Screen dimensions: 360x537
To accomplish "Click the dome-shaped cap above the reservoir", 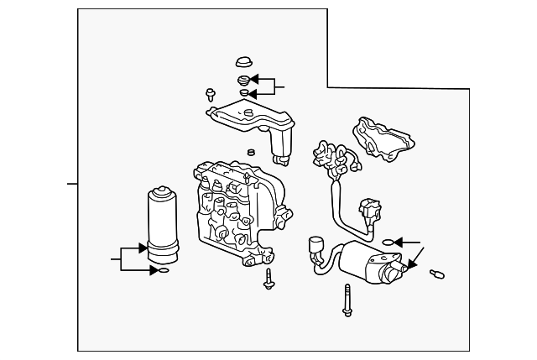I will coord(244,61).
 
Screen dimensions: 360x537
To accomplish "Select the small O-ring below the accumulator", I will coord(163,270).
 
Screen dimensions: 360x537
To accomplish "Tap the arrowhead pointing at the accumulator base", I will coord(143,248).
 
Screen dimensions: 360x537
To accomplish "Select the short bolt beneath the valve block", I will coord(268,279).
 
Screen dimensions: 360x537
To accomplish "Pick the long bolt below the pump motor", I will coord(346,300).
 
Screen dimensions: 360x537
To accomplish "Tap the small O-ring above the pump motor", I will coord(387,241).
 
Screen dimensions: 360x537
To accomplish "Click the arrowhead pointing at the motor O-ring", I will coord(398,241).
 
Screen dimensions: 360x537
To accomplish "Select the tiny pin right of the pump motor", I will coord(436,273).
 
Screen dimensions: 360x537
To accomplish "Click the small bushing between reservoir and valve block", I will coord(249,153).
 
